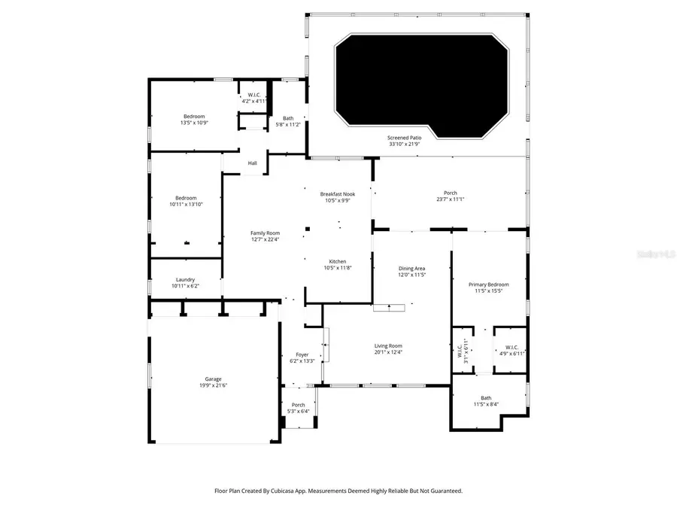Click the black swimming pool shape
pos(421,83)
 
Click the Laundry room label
pos(185,280)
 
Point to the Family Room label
pos(265,233)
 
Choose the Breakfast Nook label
pos(337,194)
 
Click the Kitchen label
pos(337,262)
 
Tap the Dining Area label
pos(411,269)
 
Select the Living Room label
pos(388,346)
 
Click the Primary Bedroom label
pos(488,284)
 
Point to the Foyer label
pos(302,354)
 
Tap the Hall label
pos(253,163)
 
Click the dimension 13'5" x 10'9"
pos(194,123)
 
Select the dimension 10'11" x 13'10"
pos(185,204)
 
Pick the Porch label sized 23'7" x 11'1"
pos(451,193)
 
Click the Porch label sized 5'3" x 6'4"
pos(299,405)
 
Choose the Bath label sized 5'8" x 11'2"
pos(288,118)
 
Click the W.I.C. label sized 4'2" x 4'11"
pos(254,95)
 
